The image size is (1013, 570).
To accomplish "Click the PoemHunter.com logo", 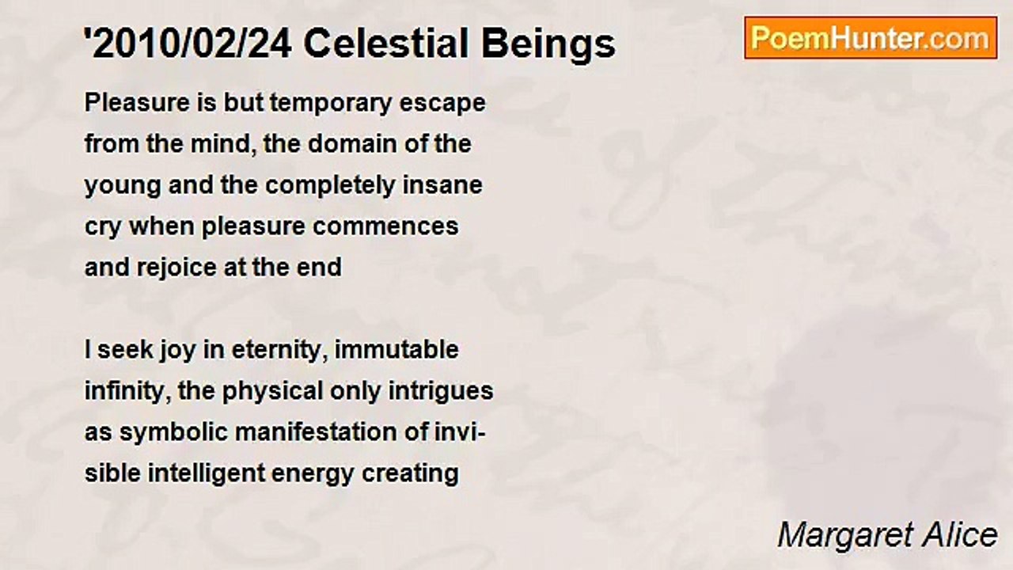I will point(870,38).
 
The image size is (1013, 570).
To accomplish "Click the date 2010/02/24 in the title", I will point(191,44).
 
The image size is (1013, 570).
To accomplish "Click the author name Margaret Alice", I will point(887,535).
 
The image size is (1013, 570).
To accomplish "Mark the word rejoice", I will point(173,268).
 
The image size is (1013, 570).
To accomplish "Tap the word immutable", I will point(397,350).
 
